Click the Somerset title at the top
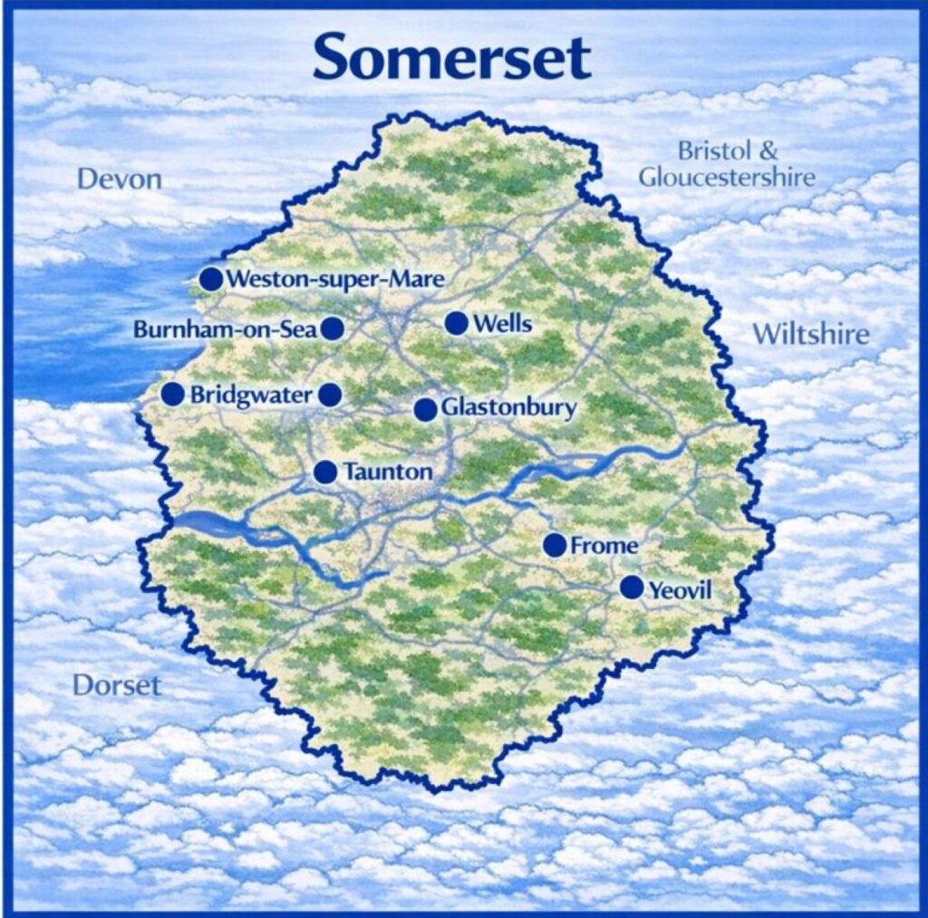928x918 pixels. [452, 56]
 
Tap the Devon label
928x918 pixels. [120, 178]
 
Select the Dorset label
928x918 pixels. [117, 684]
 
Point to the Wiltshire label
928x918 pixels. [810, 335]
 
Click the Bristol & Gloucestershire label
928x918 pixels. [727, 164]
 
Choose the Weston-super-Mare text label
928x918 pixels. [335, 279]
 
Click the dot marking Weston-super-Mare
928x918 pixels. [211, 278]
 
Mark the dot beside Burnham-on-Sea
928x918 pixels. [333, 329]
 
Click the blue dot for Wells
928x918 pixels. [456, 323]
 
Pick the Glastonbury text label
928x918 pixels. [508, 408]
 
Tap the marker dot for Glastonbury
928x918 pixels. [425, 409]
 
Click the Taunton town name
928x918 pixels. [388, 472]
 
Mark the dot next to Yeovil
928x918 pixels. [632, 588]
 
